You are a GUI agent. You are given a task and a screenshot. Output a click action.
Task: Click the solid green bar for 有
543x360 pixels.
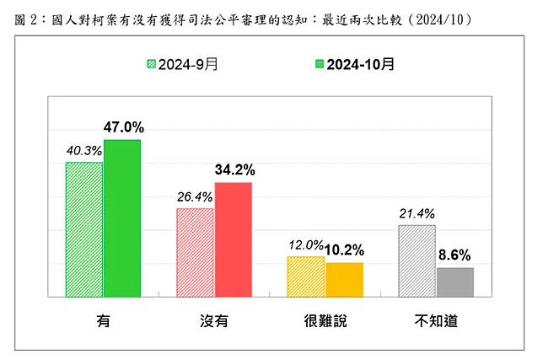(121, 218)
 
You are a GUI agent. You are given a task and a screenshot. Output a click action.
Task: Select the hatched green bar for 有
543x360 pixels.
(84, 229)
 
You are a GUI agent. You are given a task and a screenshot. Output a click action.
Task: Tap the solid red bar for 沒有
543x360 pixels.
(233, 239)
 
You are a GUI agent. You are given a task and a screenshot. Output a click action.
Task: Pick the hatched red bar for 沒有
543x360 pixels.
(195, 252)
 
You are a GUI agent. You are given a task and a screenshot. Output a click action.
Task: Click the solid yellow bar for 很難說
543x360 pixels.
(343, 280)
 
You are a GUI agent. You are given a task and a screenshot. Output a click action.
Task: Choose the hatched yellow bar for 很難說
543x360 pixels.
(306, 277)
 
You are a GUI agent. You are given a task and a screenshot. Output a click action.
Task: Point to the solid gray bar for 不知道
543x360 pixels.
(454, 282)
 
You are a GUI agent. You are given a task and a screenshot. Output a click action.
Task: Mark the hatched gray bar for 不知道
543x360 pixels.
(417, 261)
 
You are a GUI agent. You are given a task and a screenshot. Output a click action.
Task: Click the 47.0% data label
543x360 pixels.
(123, 128)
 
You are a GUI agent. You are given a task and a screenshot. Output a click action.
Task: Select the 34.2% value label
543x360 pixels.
(234, 170)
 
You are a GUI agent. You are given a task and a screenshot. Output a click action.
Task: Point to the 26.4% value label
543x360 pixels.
(194, 197)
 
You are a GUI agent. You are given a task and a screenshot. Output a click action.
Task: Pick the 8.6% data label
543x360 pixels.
(455, 255)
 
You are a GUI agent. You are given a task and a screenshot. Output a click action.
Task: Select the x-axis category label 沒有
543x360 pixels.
(214, 322)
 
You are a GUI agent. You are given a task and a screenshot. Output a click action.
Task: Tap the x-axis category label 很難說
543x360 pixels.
(325, 322)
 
